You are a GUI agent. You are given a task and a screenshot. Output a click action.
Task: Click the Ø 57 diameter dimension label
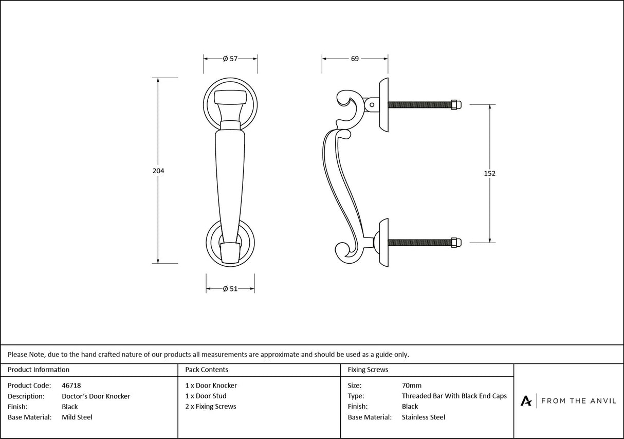pyautogui.click(x=230, y=59)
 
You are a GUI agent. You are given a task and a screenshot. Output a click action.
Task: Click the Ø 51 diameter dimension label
pyautogui.click(x=230, y=289)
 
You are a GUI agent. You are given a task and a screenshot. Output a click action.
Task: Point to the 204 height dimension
pyautogui.click(x=158, y=171)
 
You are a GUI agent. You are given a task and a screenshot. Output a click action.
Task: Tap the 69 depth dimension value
pyautogui.click(x=355, y=59)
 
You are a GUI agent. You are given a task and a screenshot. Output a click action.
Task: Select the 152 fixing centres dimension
pyautogui.click(x=490, y=174)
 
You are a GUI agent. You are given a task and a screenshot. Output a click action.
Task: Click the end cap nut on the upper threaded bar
pyautogui.click(x=456, y=105)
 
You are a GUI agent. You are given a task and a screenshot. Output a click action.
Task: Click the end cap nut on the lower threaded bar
pyautogui.click(x=456, y=242)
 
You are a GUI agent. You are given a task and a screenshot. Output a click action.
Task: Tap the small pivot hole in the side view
pyautogui.click(x=372, y=105)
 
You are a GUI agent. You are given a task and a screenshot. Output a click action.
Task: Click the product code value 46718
pyautogui.click(x=71, y=386)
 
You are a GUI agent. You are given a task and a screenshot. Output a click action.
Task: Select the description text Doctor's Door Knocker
pyautogui.click(x=96, y=396)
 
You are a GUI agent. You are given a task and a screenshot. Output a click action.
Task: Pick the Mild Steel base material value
pyautogui.click(x=77, y=417)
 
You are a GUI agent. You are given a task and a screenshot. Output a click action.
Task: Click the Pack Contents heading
pyautogui.click(x=207, y=370)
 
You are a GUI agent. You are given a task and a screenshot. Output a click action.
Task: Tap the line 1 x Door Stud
pyautogui.click(x=206, y=396)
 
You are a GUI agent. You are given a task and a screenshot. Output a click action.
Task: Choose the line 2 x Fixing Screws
pyautogui.click(x=211, y=407)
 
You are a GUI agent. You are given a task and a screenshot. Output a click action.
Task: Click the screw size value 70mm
pyautogui.click(x=411, y=386)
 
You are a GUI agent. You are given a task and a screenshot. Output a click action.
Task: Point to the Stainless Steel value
pyautogui.click(x=424, y=417)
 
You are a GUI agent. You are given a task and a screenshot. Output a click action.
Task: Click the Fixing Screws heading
pyautogui.click(x=368, y=370)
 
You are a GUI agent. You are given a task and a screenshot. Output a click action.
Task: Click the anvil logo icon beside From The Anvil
pyautogui.click(x=526, y=401)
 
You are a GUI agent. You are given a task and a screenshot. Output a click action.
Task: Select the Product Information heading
pyautogui.click(x=39, y=370)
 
